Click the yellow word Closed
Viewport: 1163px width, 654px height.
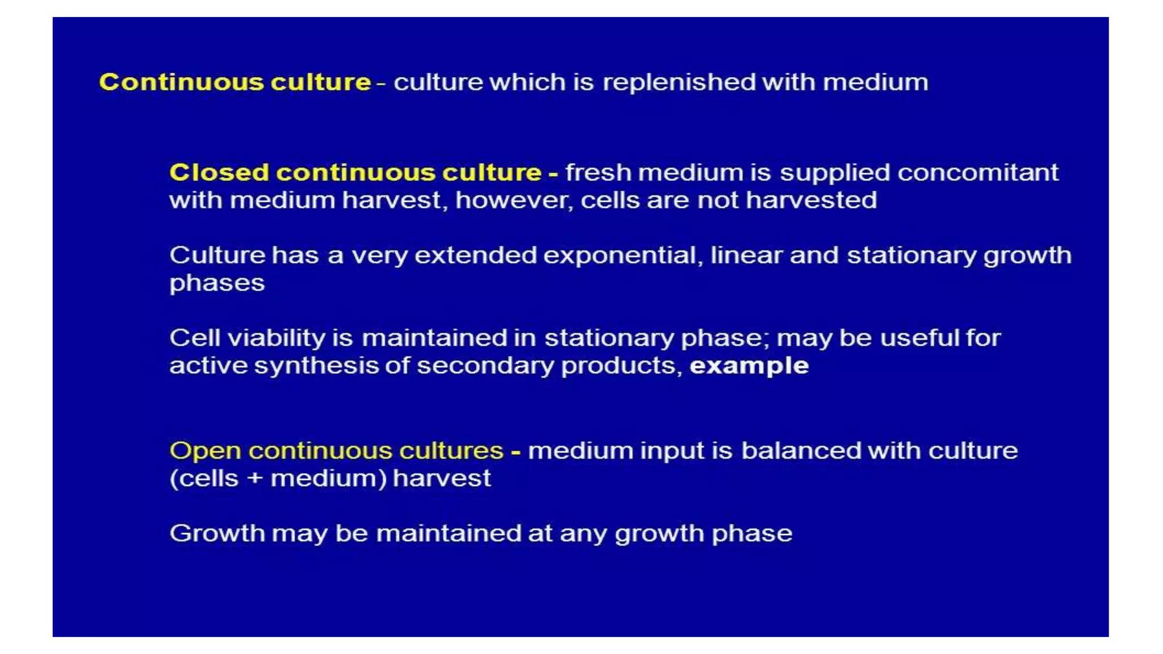(x=219, y=173)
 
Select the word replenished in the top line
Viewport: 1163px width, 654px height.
(x=679, y=83)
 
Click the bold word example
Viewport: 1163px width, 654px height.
(x=748, y=366)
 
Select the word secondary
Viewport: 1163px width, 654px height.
(x=485, y=366)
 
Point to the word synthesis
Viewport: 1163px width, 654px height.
(x=316, y=366)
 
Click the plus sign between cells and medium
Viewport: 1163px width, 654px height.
(x=254, y=479)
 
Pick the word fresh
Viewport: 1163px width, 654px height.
(x=598, y=173)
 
